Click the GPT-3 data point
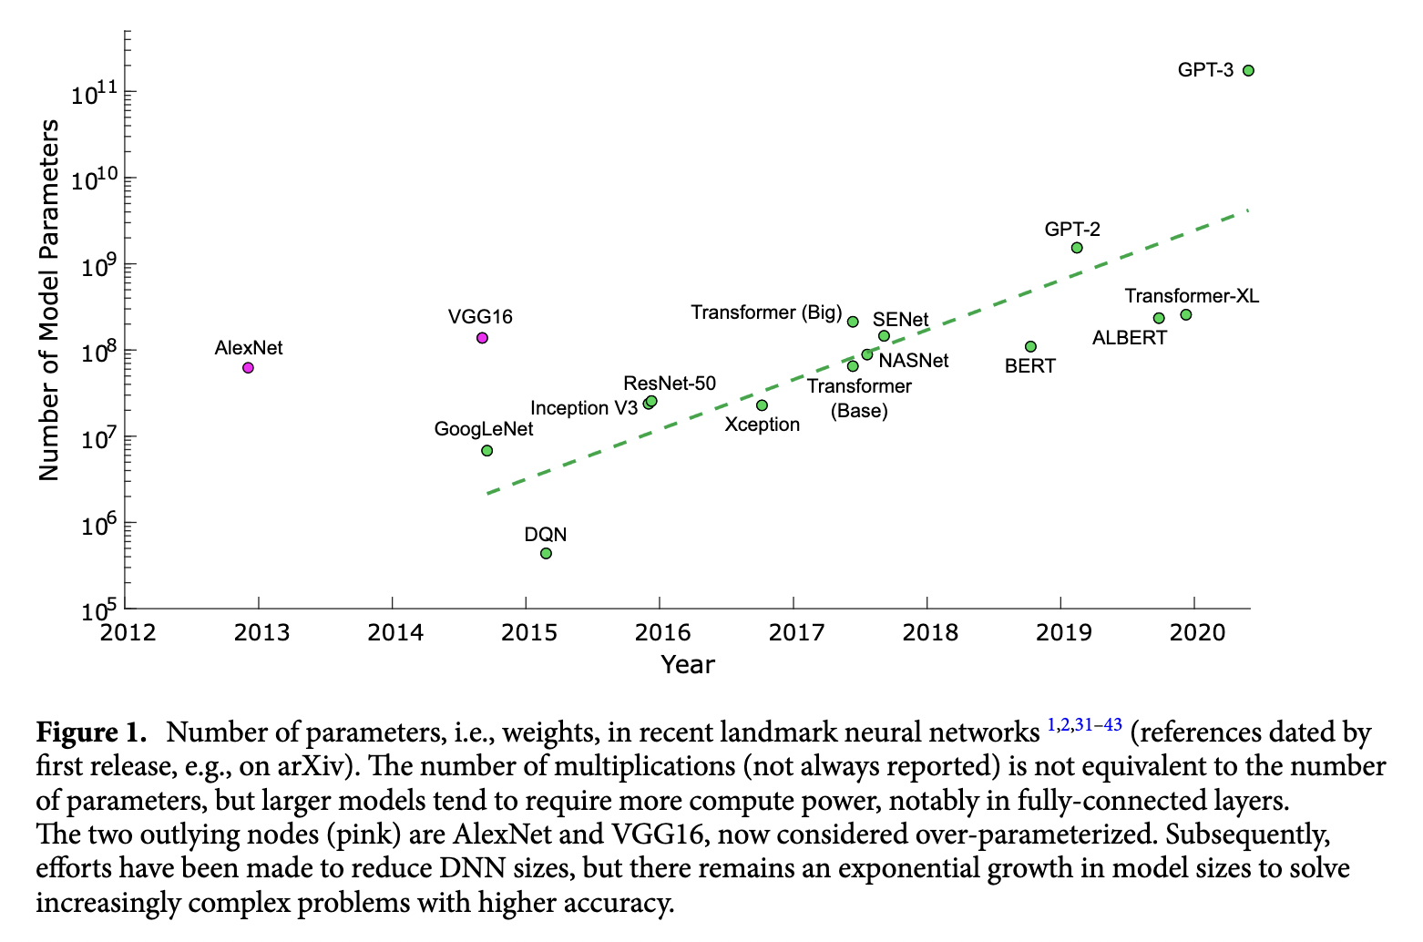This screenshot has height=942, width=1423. (x=1248, y=70)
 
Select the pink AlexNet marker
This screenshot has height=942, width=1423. (x=248, y=368)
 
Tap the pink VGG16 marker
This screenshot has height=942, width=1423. (x=482, y=338)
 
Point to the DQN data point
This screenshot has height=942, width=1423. (x=546, y=554)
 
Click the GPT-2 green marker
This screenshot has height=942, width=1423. (x=1077, y=248)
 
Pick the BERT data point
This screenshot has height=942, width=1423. (x=1030, y=347)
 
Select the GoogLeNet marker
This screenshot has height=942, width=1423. (x=486, y=451)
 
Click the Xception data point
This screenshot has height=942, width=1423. (x=762, y=405)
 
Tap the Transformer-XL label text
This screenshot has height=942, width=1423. (x=1192, y=296)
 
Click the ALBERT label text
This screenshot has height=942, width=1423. (x=1130, y=338)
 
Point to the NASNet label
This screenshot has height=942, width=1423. (x=914, y=361)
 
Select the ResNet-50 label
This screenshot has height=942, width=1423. (x=670, y=384)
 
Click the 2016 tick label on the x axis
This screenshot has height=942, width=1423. (x=660, y=632)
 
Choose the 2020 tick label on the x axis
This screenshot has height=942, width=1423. (x=1195, y=632)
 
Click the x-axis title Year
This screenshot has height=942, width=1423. (x=688, y=664)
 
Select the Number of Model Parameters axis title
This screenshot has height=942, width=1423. (x=49, y=300)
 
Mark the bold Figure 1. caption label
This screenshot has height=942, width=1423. (x=91, y=732)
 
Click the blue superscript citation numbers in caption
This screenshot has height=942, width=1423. (x=1084, y=725)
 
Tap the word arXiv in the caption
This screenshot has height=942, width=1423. (x=312, y=766)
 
